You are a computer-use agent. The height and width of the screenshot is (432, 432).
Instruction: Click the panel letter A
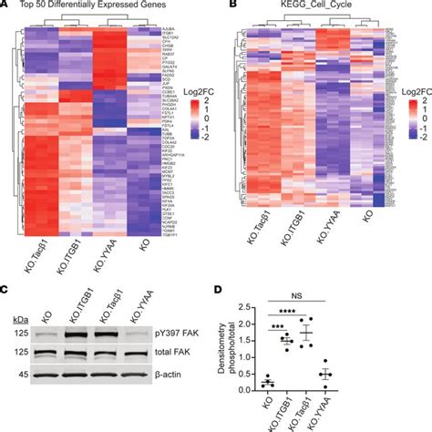click(5, 7)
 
